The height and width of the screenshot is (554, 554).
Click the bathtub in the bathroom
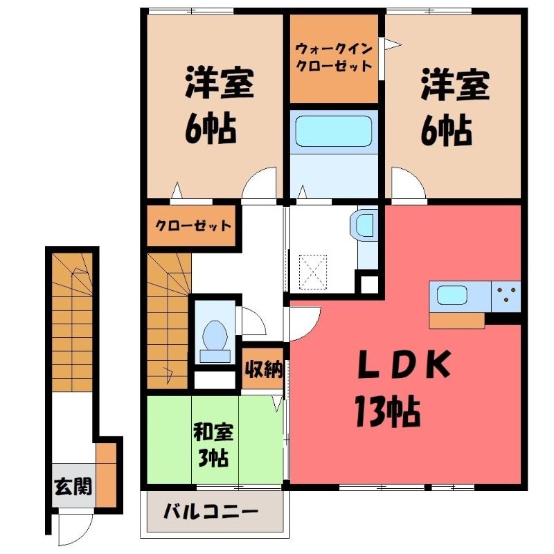click(334, 132)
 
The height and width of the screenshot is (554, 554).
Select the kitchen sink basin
click(452, 295)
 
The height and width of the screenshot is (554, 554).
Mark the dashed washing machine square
click(314, 272)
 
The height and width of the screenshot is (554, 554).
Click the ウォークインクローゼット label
click(334, 57)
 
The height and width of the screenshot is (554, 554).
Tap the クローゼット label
click(193, 226)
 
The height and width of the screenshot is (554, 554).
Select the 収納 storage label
click(264, 370)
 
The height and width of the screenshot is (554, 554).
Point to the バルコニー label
click(211, 511)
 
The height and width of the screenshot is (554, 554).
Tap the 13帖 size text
click(388, 411)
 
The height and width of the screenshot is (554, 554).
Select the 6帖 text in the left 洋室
click(211, 127)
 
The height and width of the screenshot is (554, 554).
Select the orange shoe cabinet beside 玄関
click(107, 475)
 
